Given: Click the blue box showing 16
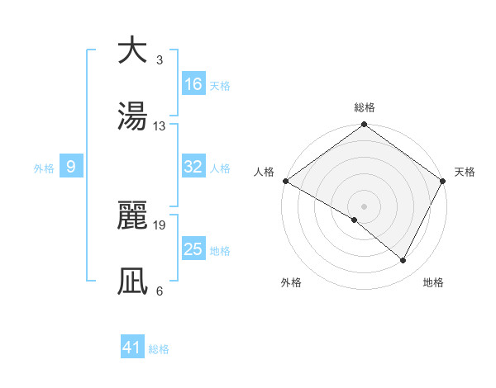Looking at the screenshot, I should point(193,84).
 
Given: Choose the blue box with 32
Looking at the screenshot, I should point(193,167).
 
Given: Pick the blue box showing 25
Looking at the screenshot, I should point(193,249).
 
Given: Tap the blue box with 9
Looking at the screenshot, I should point(71,167).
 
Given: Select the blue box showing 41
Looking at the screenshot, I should point(132,348).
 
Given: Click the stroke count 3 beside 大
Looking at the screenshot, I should point(160,61).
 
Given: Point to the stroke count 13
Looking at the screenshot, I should point(160,126).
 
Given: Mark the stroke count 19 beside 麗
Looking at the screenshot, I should point(160,224).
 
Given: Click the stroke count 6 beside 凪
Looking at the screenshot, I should point(160,291).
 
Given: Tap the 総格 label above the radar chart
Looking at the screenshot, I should point(365,107).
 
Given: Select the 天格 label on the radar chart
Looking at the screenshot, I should point(465,172).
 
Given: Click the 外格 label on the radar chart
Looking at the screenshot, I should point(291,283).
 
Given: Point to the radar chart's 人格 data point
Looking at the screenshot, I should point(285,181).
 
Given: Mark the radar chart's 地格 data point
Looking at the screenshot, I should point(403,261).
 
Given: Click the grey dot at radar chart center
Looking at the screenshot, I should point(364,206).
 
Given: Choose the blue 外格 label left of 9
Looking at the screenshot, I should point(44,168).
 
